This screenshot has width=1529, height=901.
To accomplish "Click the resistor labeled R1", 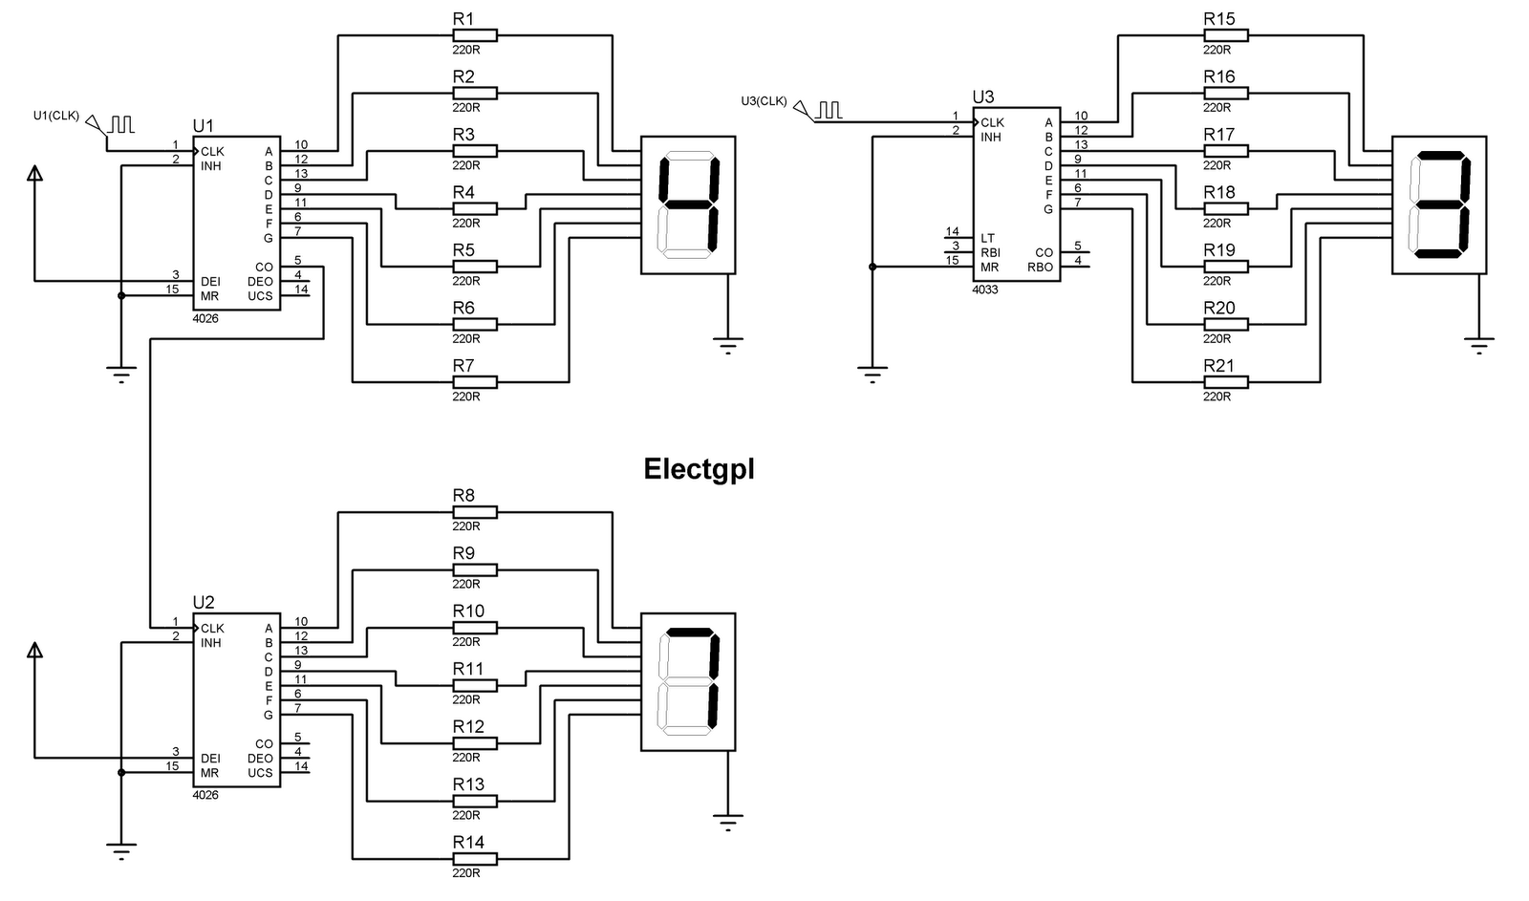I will point(474,35).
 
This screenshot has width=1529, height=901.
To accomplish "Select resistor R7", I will point(474,382).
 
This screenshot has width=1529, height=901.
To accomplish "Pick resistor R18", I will point(1225,208).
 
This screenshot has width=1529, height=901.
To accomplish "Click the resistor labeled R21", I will point(1225,382).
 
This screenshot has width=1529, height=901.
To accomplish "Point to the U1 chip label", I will point(204,125).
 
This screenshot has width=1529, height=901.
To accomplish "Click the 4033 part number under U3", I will point(985,289).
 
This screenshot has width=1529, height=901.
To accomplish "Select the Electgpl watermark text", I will point(699,469).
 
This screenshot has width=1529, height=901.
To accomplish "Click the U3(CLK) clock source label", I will point(764,100).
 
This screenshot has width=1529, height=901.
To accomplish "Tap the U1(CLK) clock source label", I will point(55,115).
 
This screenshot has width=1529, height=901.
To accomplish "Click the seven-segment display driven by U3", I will point(1439,204).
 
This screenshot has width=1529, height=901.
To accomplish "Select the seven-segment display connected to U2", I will point(688,681).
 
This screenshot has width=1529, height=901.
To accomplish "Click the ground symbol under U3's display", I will point(1478,344).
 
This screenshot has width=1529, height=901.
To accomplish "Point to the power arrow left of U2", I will point(34,651).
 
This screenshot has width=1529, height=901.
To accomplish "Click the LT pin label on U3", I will point(987,238).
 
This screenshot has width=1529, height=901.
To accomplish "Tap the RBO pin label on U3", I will point(1040,268).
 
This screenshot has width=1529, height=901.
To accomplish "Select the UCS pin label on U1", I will point(260,296).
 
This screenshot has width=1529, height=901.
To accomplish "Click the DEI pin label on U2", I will point(210,759).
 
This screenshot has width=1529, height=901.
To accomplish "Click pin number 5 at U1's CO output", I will point(298,260).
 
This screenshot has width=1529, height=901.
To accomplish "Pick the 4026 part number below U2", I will point(205,795).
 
